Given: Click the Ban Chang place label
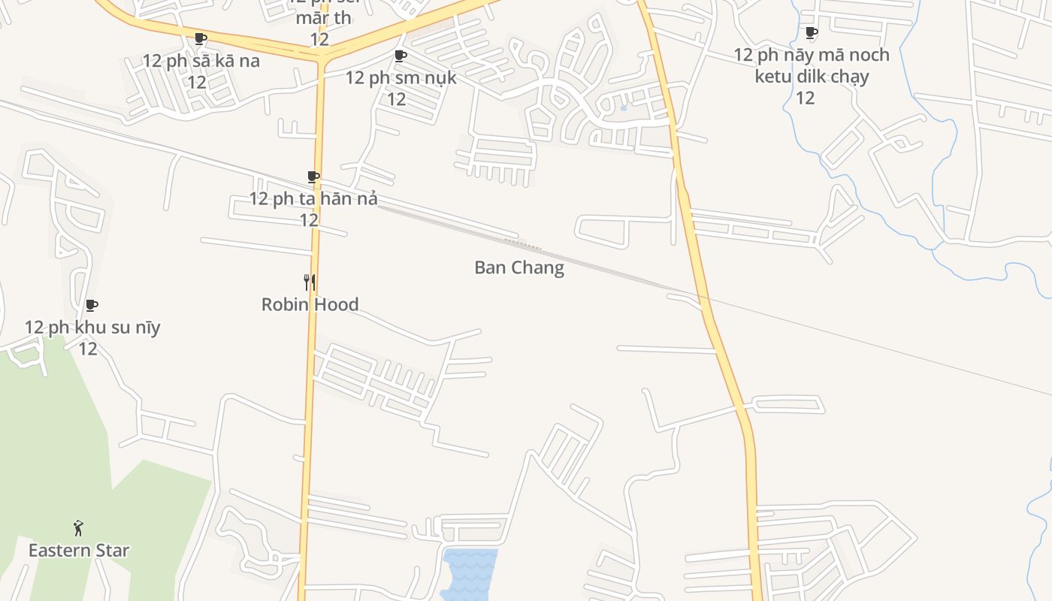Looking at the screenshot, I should click(518, 268).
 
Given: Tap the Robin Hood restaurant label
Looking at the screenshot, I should click(310, 304).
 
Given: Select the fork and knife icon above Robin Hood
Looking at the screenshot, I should click(310, 282).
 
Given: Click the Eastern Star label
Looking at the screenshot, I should click(79, 551).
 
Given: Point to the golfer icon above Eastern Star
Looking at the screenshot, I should click(78, 528).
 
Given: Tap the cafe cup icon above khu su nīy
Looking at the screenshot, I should click(92, 305).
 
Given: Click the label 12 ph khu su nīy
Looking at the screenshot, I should click(92, 328).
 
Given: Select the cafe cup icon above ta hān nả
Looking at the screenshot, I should click(313, 177).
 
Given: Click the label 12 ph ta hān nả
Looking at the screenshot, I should click(313, 199).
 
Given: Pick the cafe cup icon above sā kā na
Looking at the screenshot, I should click(201, 38).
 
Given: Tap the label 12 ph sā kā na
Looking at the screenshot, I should click(201, 61).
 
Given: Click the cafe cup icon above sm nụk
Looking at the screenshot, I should click(401, 56).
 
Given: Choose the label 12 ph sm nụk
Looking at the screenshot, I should click(401, 77).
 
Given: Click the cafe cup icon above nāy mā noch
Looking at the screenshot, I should click(811, 32).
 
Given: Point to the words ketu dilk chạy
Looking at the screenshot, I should click(812, 77).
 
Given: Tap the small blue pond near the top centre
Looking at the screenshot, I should click(624, 108).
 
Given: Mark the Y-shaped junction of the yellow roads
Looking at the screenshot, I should click(322, 56).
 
